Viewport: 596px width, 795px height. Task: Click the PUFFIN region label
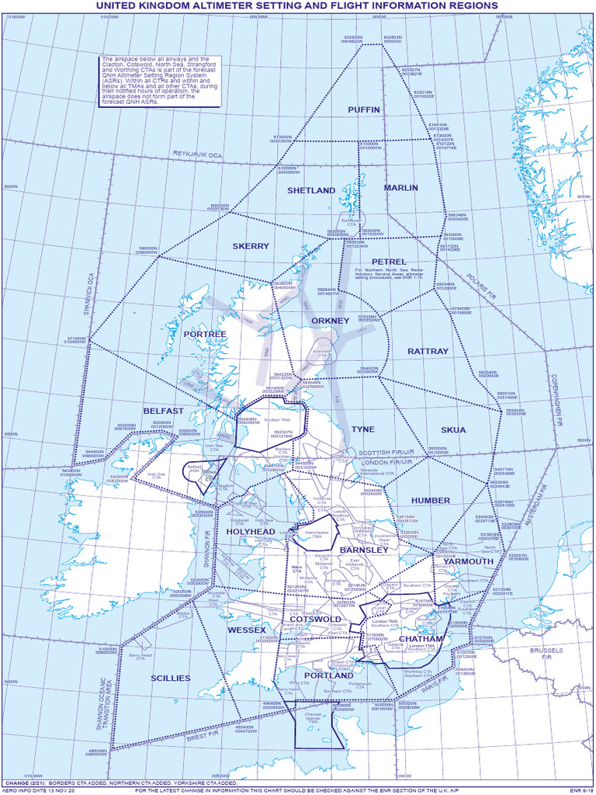point(364,109)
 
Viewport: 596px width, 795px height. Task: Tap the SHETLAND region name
point(311,190)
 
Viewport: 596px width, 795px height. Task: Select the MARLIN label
point(401,188)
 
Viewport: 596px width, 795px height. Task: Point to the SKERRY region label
point(251,246)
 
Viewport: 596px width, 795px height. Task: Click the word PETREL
point(389,262)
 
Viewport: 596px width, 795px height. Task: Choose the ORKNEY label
point(331,321)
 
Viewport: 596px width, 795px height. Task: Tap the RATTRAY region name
point(428,351)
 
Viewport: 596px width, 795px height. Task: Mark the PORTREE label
point(205,334)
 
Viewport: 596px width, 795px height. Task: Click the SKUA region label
point(453,429)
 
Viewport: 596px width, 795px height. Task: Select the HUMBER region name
point(431,501)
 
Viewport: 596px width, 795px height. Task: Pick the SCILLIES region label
point(171,678)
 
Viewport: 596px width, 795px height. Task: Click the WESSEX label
point(247,630)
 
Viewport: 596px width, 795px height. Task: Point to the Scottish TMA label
point(277,420)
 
